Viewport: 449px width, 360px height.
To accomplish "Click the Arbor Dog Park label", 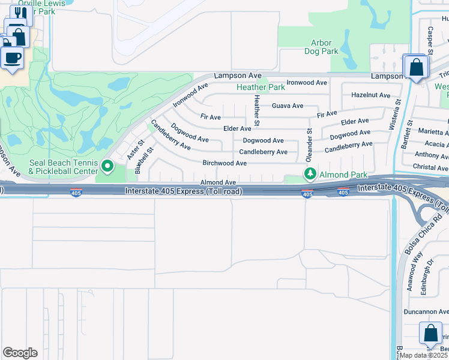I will pos(325,47).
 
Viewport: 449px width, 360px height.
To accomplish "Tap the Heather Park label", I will pos(261,87).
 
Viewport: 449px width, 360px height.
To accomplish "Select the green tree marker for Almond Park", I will pos(310,174).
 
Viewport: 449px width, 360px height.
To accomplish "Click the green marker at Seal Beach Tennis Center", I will pos(108,166).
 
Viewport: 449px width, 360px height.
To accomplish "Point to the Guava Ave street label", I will pos(288,106).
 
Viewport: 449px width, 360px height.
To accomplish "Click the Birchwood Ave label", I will pos(224,163).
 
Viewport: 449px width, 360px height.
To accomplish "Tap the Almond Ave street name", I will pos(218,182).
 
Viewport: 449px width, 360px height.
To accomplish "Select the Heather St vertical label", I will pos(256,110).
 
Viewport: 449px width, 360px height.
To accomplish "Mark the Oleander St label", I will pos(310,145).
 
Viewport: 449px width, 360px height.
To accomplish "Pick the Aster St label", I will pos(133,150).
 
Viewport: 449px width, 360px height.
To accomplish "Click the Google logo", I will pos(20,353).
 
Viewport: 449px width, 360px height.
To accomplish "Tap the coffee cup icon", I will pos(13,58).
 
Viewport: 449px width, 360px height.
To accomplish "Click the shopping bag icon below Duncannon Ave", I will pos(430,333).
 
